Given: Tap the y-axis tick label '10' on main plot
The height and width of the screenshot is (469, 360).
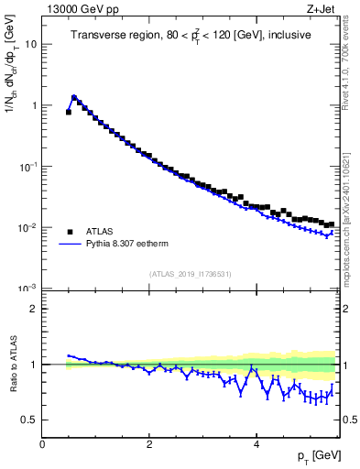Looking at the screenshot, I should (31, 44).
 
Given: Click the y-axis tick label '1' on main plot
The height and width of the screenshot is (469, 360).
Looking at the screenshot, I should (34, 105).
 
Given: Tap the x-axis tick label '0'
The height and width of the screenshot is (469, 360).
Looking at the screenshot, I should (42, 444).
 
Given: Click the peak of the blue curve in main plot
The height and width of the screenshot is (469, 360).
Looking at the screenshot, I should (74, 96).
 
